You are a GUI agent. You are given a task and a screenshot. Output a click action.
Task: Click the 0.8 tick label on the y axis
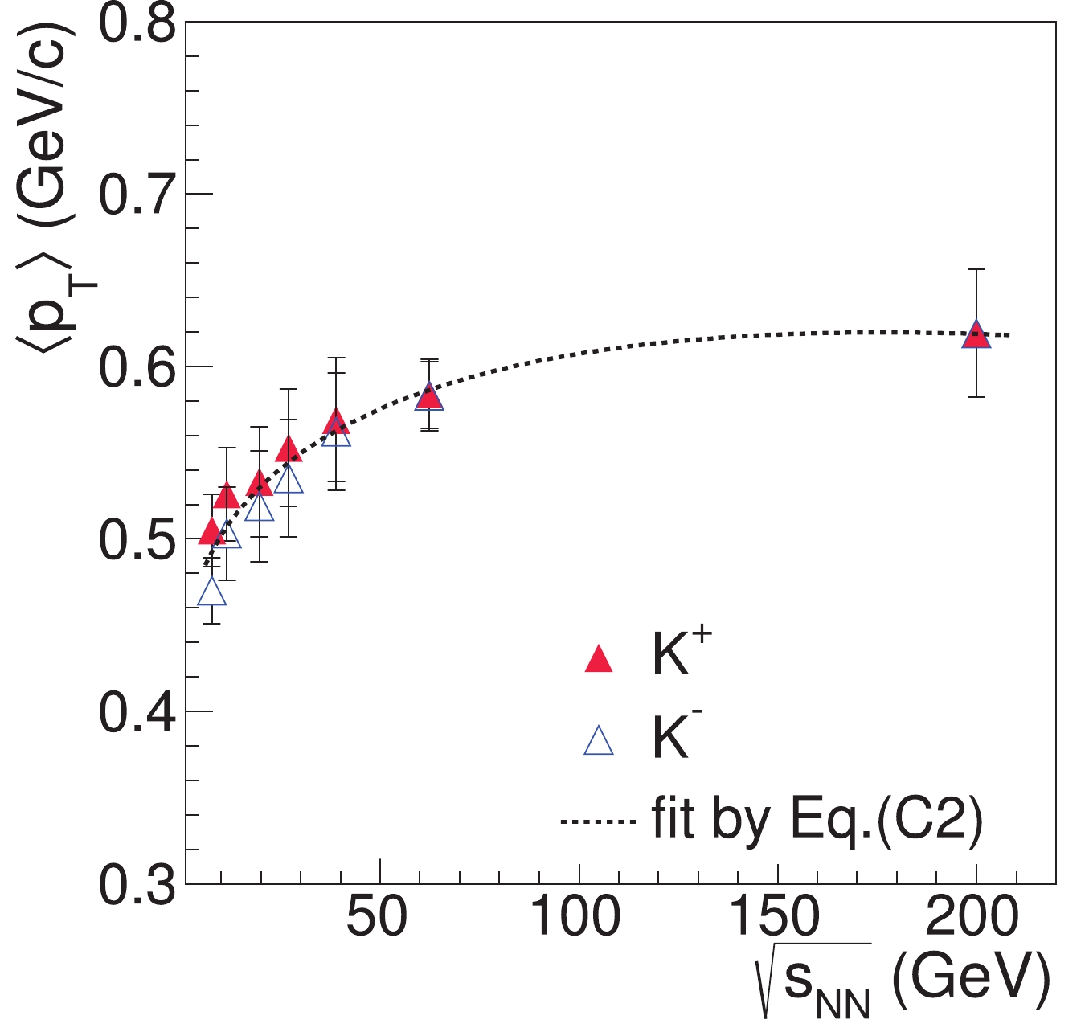click(x=137, y=24)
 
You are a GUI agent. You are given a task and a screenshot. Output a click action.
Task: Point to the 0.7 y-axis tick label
click(x=137, y=195)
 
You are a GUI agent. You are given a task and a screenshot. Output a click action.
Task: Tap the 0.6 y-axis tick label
click(x=137, y=367)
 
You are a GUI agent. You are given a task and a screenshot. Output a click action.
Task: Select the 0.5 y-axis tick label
click(x=137, y=539)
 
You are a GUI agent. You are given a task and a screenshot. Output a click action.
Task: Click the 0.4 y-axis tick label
click(x=137, y=712)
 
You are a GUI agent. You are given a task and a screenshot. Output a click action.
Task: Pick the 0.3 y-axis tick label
click(x=137, y=884)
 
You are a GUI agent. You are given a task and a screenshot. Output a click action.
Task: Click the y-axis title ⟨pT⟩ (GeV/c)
click(x=48, y=193)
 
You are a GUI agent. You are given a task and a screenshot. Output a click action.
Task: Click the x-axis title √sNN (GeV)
click(x=904, y=981)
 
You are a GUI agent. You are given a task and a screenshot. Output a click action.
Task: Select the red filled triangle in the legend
click(x=599, y=660)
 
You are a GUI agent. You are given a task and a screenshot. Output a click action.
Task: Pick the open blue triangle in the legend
click(x=599, y=741)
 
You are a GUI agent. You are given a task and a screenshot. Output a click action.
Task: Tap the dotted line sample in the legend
click(x=599, y=821)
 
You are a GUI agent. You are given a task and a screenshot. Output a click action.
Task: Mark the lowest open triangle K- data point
click(x=212, y=593)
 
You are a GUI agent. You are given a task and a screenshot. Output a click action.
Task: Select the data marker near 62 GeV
click(x=430, y=396)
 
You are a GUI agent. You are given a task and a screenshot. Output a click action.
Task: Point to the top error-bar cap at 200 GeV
click(x=976, y=269)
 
